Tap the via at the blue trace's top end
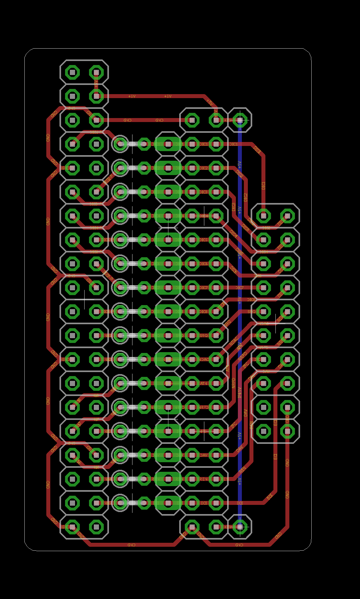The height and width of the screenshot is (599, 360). point(240,120)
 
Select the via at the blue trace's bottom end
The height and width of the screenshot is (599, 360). point(240,527)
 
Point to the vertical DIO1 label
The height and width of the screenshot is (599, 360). point(263,185)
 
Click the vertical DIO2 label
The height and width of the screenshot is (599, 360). point(246,197)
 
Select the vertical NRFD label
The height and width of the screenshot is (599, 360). point(234,383)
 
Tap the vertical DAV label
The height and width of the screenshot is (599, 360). point(246,413)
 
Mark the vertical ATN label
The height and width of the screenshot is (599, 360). point(228,368)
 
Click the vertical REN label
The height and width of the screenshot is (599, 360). point(252,425)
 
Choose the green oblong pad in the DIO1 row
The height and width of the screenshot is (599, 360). point(168,144)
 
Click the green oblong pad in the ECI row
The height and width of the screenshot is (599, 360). point(168,503)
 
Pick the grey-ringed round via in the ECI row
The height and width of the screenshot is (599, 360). point(120,503)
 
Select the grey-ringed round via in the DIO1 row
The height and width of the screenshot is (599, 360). point(120,144)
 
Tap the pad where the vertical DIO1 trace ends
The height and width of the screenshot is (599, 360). point(263,216)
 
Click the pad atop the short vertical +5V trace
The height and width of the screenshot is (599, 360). point(96,73)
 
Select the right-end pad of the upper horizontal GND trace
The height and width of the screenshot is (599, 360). point(192,120)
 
